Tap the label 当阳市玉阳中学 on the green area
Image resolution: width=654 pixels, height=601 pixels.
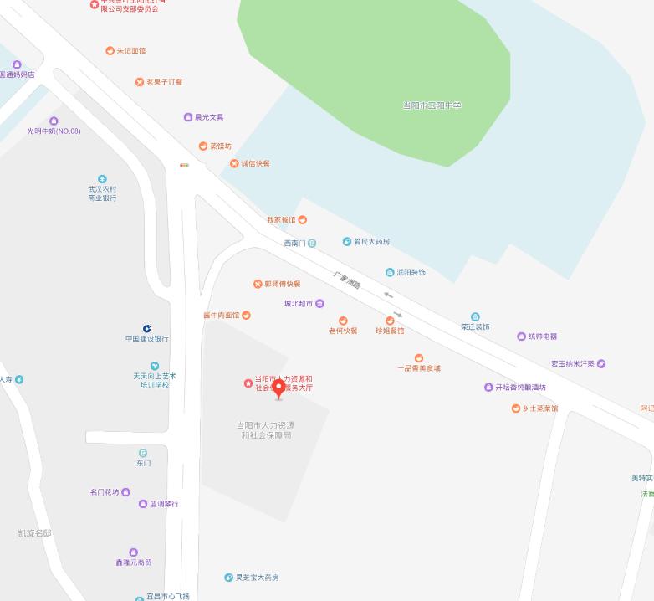(432, 105)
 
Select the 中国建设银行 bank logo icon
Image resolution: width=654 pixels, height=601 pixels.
(147, 329)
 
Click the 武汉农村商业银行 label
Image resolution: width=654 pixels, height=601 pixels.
(102, 193)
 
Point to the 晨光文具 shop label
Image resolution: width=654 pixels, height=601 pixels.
(209, 117)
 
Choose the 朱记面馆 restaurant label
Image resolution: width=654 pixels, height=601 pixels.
(130, 51)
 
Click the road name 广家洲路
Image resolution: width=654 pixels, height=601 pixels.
(346, 280)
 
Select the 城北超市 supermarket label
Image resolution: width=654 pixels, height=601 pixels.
(299, 304)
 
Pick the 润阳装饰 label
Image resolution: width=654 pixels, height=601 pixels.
(411, 272)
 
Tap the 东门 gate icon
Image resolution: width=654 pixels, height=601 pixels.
(143, 453)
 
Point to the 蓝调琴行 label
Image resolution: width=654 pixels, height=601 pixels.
(164, 504)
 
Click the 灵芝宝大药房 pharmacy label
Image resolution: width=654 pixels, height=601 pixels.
(257, 578)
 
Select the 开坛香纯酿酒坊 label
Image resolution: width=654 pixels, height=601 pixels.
(520, 388)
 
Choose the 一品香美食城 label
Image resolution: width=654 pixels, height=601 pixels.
(419, 368)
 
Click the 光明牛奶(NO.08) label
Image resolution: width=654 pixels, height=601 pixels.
(54, 131)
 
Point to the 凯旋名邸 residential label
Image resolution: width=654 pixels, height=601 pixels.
(34, 533)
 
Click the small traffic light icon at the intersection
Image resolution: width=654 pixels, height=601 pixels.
(184, 166)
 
